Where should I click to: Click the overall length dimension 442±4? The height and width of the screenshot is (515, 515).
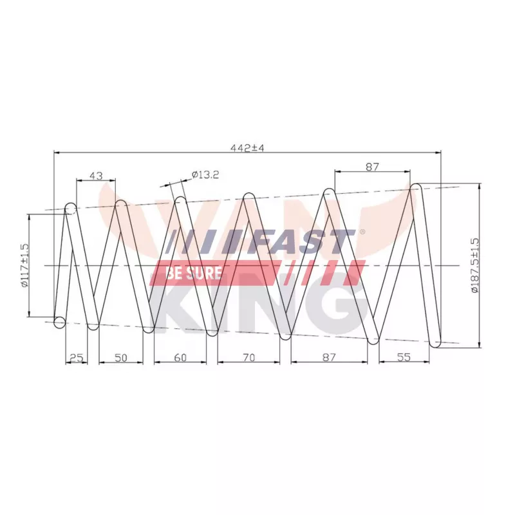pos(248,147)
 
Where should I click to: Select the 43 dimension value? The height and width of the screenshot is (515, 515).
pos(95,175)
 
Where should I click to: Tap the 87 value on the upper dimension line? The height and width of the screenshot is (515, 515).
pos(372,167)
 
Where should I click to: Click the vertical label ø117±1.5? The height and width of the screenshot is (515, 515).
pos(25,265)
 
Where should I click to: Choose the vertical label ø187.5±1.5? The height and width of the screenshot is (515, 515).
pos(475,265)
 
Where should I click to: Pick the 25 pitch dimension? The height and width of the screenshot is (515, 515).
pos(76,357)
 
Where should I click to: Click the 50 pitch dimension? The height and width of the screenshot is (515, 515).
pos(120,357)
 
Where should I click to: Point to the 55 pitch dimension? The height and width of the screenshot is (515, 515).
pos(404,357)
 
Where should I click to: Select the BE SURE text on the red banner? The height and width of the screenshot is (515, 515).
pos(194,273)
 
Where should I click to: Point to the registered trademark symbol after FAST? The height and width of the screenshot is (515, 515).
pos(362,232)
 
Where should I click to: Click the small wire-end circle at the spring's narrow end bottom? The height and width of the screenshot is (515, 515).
pos(60,321)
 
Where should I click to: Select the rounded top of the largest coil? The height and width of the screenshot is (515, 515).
pos(417,189)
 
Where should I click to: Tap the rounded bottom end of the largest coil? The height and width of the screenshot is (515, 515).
pos(436,342)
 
